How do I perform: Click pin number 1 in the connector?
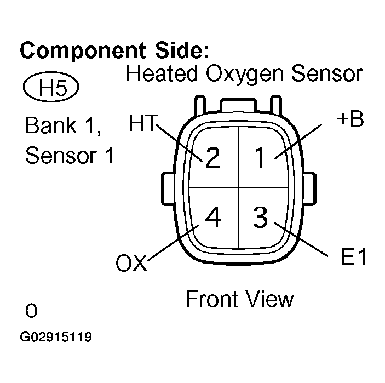pyautogui.click(x=261, y=158)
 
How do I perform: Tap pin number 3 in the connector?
pyautogui.click(x=261, y=218)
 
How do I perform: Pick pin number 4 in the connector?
pyautogui.click(x=212, y=218)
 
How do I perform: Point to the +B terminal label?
pyautogui.click(x=350, y=119)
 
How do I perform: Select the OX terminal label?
pyautogui.click(x=131, y=264)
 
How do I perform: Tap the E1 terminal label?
pyautogui.click(x=353, y=258)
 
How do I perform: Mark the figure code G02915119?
pyautogui.click(x=55, y=337)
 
